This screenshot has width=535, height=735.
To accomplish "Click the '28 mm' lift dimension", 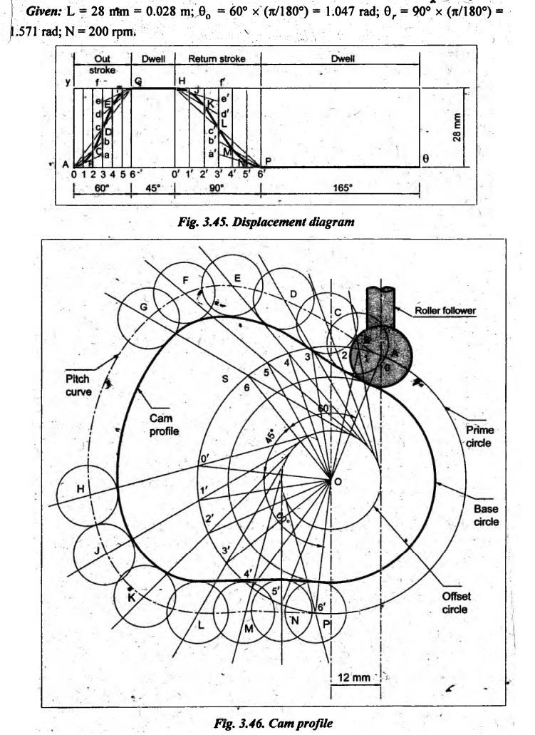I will (464, 126).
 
